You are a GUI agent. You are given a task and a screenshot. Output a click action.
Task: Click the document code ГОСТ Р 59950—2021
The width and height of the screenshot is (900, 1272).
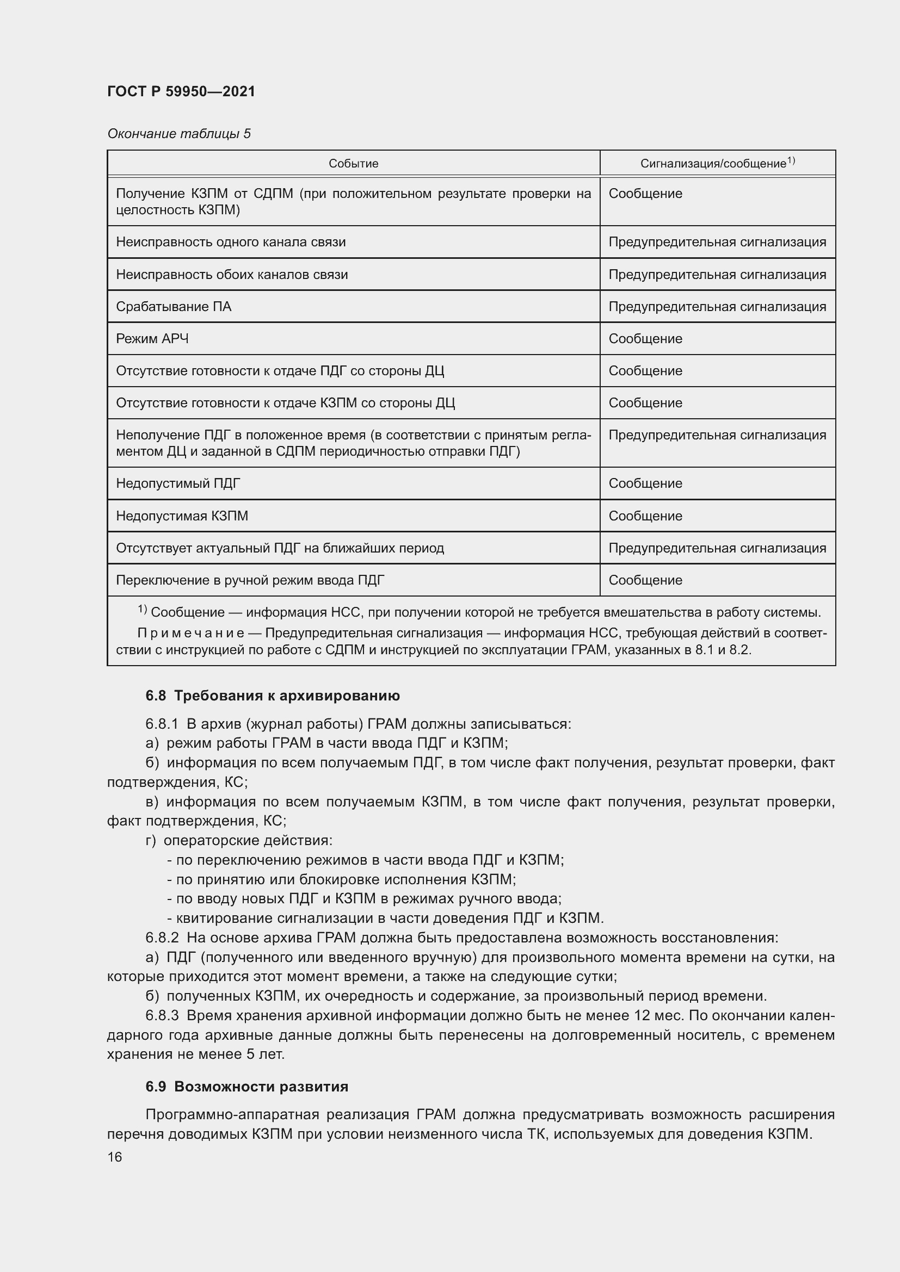(181, 91)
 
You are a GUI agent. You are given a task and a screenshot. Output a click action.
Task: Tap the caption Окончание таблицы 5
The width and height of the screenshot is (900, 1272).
(179, 134)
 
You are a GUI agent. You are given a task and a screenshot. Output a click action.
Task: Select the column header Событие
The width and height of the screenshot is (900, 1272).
(353, 164)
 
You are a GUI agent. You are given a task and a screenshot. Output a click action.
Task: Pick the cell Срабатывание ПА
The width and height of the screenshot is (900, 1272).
(174, 306)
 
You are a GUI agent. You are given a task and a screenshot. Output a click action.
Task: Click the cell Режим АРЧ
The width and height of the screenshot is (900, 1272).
(152, 338)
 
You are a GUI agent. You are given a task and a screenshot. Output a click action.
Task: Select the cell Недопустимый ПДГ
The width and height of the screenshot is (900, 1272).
(178, 483)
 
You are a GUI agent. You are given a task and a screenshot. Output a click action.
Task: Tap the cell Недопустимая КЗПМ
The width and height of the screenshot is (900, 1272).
(182, 516)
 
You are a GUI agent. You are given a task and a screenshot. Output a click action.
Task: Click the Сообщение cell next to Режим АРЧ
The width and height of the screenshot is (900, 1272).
(645, 338)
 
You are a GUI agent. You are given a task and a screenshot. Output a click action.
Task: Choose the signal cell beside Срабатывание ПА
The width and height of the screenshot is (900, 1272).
(717, 306)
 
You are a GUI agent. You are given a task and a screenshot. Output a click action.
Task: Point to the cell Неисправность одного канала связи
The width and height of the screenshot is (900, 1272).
(231, 242)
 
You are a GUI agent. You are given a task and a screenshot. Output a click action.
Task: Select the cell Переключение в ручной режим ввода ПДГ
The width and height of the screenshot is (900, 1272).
(250, 580)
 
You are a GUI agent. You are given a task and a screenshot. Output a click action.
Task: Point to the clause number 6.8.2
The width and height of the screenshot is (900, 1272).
(162, 938)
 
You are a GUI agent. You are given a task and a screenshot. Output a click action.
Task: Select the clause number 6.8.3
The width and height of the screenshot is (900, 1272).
(162, 1015)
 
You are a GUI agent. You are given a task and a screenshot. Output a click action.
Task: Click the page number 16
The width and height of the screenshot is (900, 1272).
(115, 1157)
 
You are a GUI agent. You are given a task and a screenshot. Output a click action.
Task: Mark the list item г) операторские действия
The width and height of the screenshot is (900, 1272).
(239, 840)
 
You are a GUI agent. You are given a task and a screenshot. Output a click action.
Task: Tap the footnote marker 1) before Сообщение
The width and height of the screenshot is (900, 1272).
(142, 610)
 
